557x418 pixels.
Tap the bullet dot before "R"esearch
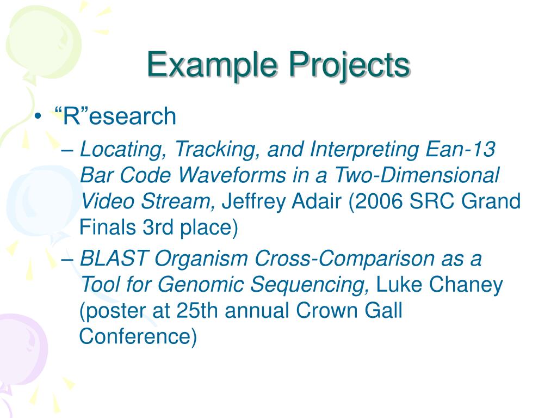coord(38,116)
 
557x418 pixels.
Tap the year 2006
coord(379,201)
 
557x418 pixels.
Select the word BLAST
coord(114,258)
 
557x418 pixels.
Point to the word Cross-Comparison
coord(344,258)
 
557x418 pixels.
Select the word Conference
coord(138,336)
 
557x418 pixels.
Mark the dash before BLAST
coord(67,260)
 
